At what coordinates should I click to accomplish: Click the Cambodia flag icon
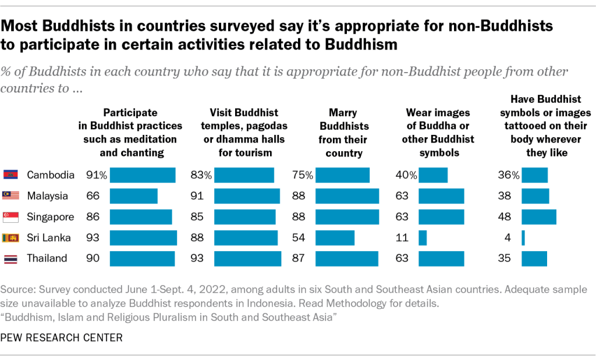click(11, 175)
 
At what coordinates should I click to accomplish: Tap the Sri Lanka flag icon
click(11, 238)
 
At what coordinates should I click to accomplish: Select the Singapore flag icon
click(11, 217)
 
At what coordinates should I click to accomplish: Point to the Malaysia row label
click(47, 196)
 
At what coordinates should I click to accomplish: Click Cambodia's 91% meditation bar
click(143, 175)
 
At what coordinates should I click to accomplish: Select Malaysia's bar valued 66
click(134, 196)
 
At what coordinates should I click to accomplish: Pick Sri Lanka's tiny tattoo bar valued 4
click(523, 238)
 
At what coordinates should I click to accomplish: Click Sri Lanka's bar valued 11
click(423, 238)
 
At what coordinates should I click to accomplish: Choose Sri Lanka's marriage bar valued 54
click(335, 238)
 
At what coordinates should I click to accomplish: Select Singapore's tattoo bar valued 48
click(538, 217)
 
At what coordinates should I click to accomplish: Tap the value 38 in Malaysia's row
click(504, 196)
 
